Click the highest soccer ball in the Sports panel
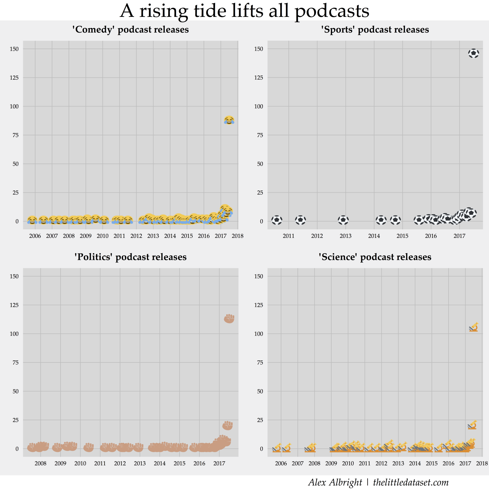pos(474,53)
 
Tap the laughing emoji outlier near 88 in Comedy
pos(229,120)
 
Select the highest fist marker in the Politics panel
pos(229,319)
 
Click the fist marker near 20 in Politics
pos(228,426)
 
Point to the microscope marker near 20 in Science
pos(472,425)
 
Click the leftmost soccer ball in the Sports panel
pos(277,220)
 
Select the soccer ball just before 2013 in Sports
pos(343,220)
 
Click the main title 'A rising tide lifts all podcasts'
pos(245,11)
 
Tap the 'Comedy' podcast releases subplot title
pos(130,30)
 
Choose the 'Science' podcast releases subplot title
pos(375,257)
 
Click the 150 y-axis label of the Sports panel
pos(258,49)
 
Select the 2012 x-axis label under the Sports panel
pos(317,236)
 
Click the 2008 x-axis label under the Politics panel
pos(40,463)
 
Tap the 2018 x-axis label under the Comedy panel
pos(238,236)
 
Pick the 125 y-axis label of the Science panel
pos(258,305)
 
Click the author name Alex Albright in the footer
pos(335,482)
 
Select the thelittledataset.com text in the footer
pos(411,482)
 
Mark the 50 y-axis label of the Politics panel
pos(15,391)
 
